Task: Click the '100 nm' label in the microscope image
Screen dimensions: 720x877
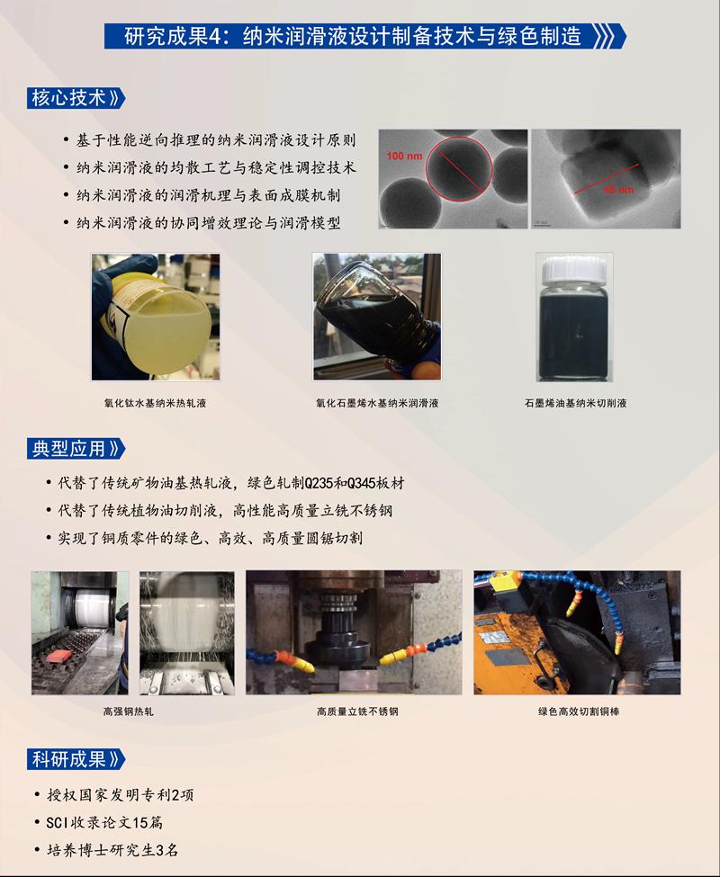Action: click(404, 156)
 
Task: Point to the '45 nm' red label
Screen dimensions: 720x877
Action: click(618, 190)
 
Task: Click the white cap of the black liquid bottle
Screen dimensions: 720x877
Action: click(574, 270)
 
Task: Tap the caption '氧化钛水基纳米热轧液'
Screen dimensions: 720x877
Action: click(155, 403)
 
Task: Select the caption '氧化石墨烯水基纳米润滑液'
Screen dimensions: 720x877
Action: click(376, 403)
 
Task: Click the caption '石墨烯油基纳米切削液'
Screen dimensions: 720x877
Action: click(575, 403)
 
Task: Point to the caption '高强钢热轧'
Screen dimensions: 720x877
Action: click(128, 711)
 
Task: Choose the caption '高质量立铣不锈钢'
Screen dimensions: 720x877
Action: click(357, 711)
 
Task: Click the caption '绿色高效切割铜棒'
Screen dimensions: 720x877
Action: click(579, 711)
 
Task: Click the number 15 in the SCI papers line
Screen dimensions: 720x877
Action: click(139, 822)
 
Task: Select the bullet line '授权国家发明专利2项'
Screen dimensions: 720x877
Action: click(120, 795)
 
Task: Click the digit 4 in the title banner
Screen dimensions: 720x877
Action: click(215, 37)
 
